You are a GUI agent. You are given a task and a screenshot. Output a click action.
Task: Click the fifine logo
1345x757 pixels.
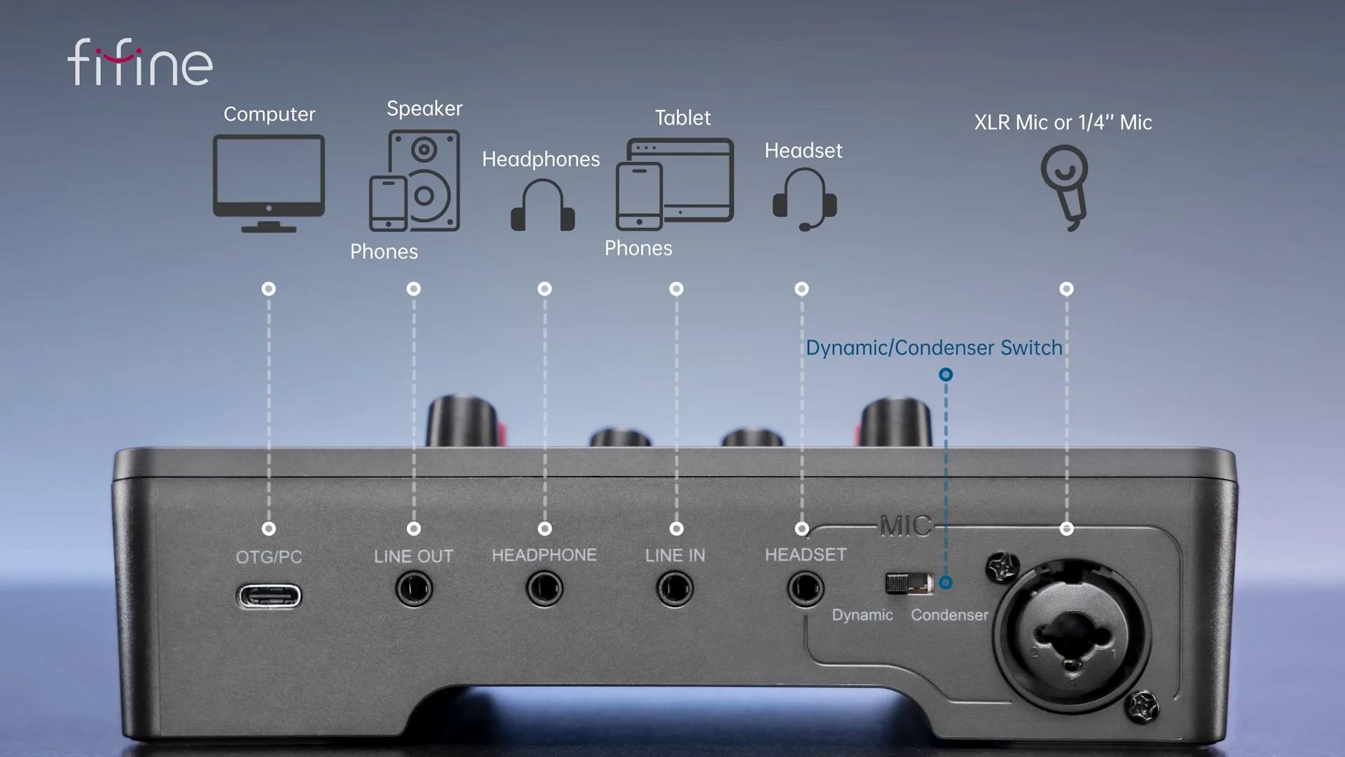pos(140,63)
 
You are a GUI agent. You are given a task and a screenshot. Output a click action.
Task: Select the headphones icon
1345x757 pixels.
pos(543,205)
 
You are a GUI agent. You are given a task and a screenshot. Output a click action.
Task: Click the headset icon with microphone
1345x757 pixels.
pos(804,199)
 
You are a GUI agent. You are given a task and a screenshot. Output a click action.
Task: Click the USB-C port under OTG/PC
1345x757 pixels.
pos(269,596)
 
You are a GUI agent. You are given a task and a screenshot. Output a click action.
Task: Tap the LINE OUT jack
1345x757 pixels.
pos(413,589)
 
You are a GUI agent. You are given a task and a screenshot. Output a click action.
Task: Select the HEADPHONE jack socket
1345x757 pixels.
pos(544,589)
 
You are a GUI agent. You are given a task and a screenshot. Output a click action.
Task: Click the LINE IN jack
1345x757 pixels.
pos(675,589)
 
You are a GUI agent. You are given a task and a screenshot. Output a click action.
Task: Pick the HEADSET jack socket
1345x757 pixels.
pos(805,589)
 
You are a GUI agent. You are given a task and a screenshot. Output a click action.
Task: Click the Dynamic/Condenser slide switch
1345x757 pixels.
pos(909,583)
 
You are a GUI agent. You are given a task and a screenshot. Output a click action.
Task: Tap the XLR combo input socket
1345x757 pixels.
pos(1070,638)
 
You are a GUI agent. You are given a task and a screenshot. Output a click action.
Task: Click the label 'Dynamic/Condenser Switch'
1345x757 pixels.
pos(934,348)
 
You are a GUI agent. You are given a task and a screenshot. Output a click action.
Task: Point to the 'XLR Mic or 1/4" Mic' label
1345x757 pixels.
pos(1063,123)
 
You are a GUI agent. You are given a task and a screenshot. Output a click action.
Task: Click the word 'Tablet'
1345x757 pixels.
pos(682,118)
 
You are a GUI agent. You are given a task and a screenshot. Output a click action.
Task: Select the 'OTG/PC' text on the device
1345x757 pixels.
pos(269,557)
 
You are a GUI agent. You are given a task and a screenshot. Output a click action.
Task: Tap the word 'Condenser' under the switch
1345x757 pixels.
pos(949,615)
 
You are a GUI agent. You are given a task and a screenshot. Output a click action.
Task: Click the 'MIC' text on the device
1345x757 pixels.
pos(906,526)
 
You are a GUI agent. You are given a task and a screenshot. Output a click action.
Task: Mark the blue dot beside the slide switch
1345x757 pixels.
pos(946,582)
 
